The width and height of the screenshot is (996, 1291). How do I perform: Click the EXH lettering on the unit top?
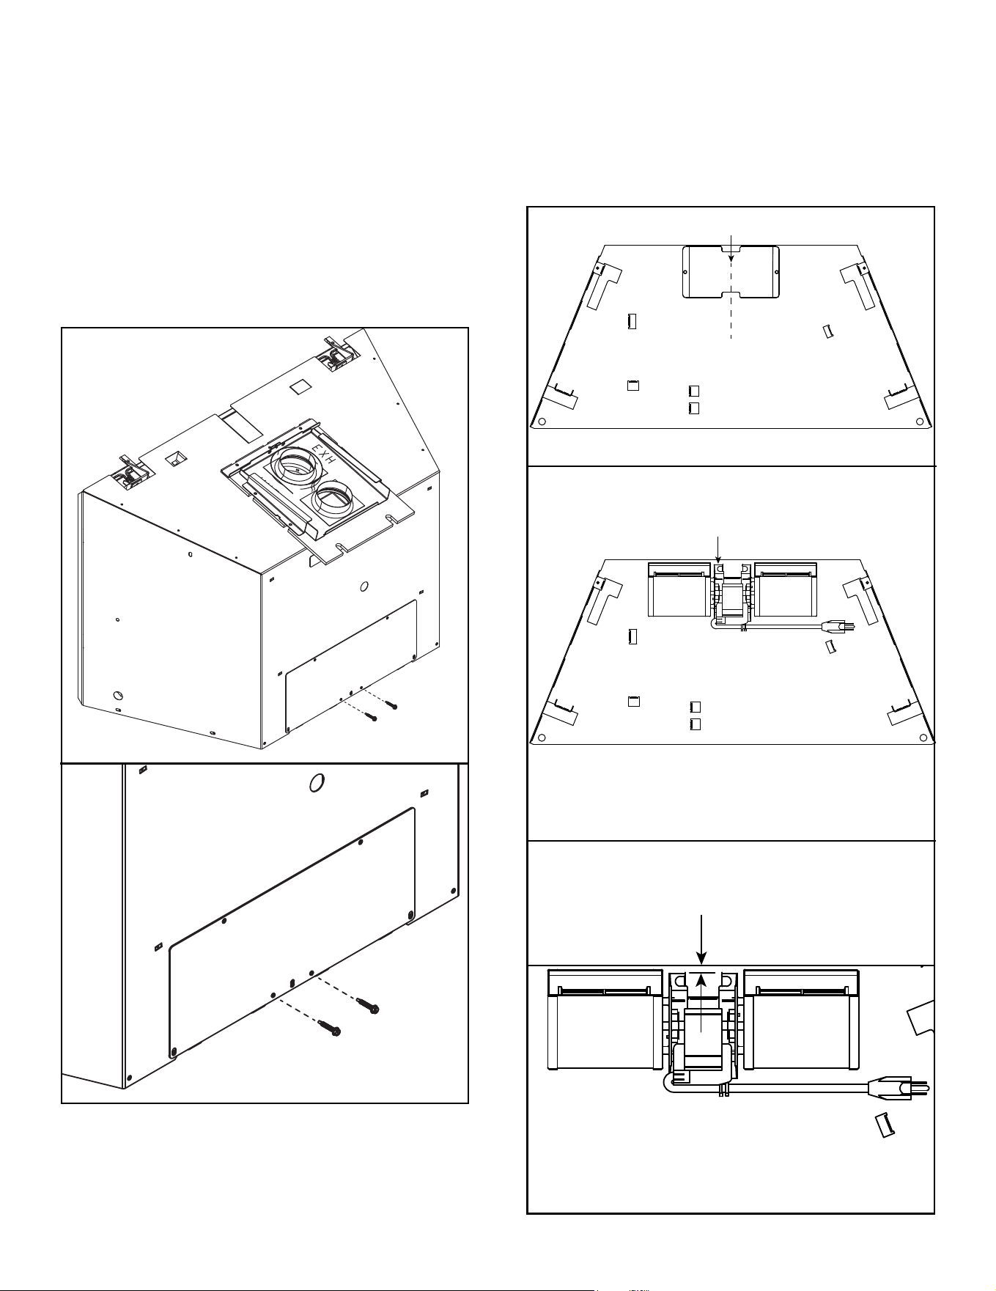323,455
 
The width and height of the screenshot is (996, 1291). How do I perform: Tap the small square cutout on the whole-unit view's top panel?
299,386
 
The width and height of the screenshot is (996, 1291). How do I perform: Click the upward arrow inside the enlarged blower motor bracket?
702,1002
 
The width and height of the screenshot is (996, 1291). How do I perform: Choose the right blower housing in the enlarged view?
801,1019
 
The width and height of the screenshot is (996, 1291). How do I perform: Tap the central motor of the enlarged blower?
703,1041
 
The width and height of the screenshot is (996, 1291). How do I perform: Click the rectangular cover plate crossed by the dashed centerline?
731,272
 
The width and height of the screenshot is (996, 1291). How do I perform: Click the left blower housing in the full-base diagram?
679,589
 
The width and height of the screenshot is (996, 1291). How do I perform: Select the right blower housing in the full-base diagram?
786,589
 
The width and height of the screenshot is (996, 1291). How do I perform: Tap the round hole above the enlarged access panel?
317,784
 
